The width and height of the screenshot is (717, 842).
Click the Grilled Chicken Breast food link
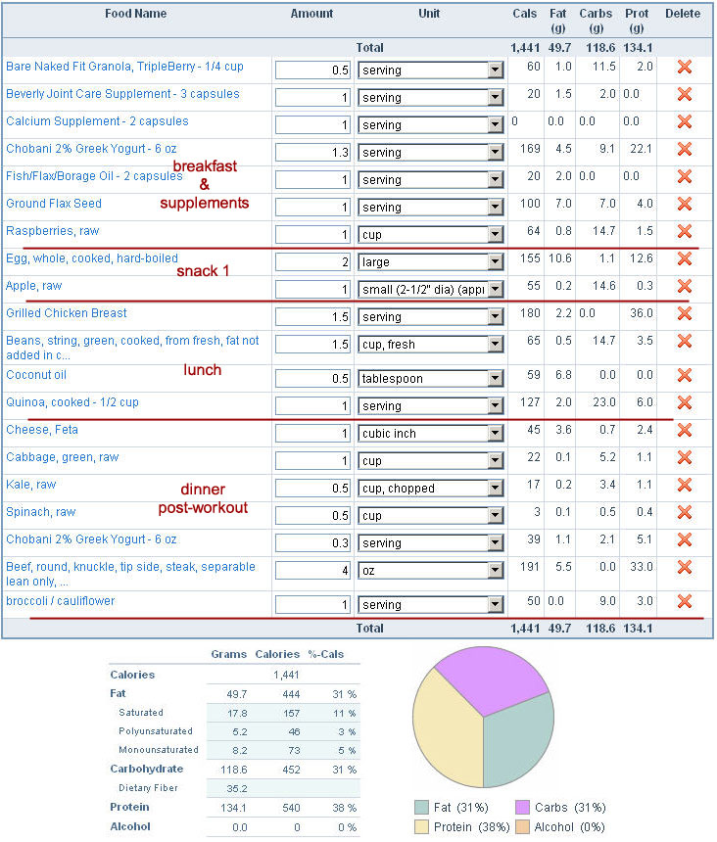pyautogui.click(x=67, y=313)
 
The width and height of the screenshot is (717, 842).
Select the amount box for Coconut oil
pyautogui.click(x=312, y=378)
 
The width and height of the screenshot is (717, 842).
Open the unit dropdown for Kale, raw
pyautogui.click(x=430, y=488)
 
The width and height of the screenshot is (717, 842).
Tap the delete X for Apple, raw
pyautogui.click(x=685, y=287)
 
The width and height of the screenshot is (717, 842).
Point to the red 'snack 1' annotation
pyautogui.click(x=203, y=270)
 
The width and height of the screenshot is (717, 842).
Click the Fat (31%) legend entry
pyautogui.click(x=455, y=807)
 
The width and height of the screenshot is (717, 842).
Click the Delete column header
pyautogui.click(x=683, y=14)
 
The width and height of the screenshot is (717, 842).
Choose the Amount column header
pyautogui.click(x=311, y=14)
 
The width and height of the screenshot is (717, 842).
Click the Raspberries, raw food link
pyautogui.click(x=53, y=231)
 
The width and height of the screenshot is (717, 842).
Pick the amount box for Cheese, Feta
pyautogui.click(x=312, y=433)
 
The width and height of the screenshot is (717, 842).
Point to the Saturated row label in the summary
pyautogui.click(x=142, y=713)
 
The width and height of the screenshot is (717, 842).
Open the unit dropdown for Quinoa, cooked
pyautogui.click(x=430, y=405)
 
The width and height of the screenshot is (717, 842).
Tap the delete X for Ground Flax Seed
pyautogui.click(x=685, y=205)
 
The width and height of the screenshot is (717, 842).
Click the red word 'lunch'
pyautogui.click(x=203, y=370)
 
